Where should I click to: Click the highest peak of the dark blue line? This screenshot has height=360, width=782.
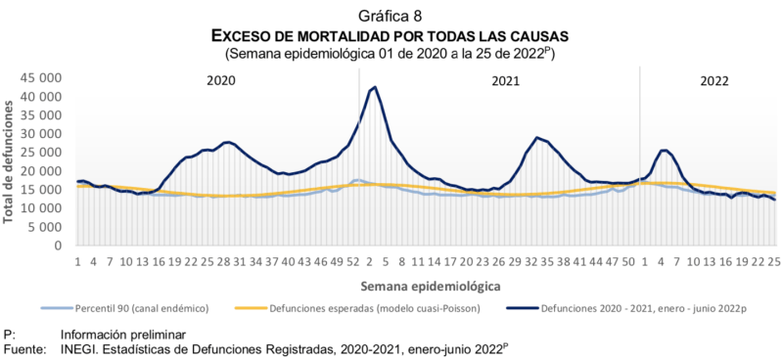[375, 88]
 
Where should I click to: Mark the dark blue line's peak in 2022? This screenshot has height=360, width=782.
[665, 151]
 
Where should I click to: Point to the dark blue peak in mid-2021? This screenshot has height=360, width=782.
[536, 138]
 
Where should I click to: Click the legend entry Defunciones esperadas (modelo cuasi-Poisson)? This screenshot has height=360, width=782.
[391, 308]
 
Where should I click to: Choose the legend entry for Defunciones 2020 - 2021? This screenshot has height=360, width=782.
[636, 308]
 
